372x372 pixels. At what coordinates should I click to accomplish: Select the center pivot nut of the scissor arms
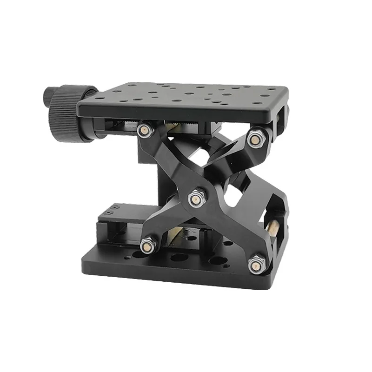(196, 199)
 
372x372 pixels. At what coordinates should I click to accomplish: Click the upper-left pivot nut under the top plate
(145, 129)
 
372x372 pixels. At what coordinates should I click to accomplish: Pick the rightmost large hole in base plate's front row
(215, 261)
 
